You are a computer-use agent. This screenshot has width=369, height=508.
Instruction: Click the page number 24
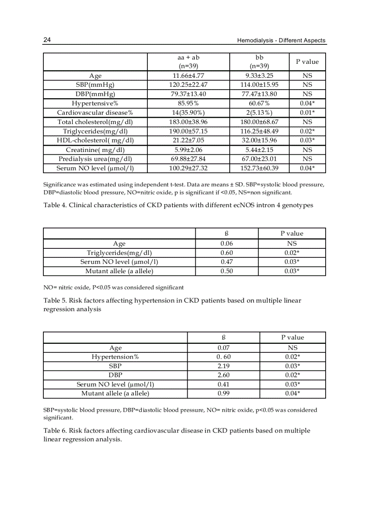point(47,40)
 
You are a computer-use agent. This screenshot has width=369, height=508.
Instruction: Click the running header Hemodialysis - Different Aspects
point(281,41)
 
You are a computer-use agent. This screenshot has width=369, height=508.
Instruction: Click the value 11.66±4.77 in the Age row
point(189,76)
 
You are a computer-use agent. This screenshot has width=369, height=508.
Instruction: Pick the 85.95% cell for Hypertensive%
point(189,104)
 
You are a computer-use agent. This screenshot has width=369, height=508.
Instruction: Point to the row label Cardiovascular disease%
point(95,113)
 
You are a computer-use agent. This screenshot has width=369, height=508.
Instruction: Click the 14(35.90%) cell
point(189,113)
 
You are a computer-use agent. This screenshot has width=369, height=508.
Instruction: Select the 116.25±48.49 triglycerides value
point(259,131)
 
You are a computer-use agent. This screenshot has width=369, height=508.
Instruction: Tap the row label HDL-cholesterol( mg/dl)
point(95,140)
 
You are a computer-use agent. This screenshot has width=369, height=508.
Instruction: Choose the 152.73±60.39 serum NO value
point(259,168)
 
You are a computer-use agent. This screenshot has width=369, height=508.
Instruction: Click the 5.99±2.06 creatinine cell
point(189,150)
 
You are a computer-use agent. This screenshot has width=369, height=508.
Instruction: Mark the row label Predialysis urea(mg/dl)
point(95,159)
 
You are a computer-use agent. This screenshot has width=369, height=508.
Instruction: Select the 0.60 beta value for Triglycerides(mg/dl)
point(227,253)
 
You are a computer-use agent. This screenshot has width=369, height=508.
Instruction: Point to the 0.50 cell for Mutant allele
point(227,271)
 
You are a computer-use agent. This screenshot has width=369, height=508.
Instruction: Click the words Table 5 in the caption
point(55,300)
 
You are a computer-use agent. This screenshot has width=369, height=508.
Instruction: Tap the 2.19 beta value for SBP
point(223,366)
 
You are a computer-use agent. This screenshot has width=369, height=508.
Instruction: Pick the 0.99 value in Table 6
point(223,394)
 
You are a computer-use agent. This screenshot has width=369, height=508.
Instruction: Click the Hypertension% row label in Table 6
point(115,357)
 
